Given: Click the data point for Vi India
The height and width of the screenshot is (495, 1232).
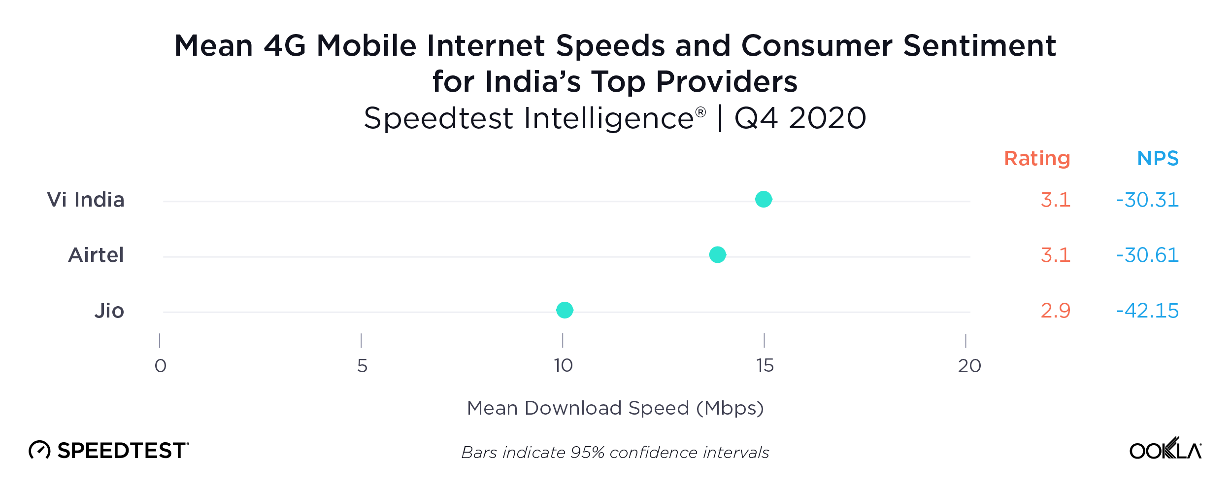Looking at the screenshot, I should pyautogui.click(x=763, y=199).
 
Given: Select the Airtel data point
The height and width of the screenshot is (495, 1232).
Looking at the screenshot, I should pyautogui.click(x=717, y=254).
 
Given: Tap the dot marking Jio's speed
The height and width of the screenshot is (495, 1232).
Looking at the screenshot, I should pyautogui.click(x=565, y=310).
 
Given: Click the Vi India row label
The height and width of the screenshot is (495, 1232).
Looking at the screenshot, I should pyautogui.click(x=86, y=200).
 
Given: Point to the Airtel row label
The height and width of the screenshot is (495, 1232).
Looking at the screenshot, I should pyautogui.click(x=96, y=255).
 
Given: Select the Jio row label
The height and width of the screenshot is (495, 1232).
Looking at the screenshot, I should pyautogui.click(x=109, y=311).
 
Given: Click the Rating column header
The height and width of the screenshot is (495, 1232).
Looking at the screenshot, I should pyautogui.click(x=1037, y=158).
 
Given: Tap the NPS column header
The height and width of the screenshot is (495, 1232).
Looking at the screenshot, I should pyautogui.click(x=1158, y=158).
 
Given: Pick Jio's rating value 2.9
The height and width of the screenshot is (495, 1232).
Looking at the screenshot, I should pyautogui.click(x=1055, y=311).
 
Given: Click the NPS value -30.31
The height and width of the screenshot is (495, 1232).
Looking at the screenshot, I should pyautogui.click(x=1147, y=200).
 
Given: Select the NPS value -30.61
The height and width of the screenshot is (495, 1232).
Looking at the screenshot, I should pyautogui.click(x=1147, y=255).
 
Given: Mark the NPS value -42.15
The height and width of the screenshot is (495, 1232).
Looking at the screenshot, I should pyautogui.click(x=1147, y=311).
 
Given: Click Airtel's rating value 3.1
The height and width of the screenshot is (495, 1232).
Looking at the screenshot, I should pyautogui.click(x=1055, y=255).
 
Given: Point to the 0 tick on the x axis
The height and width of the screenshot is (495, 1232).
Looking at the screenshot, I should pyautogui.click(x=161, y=366).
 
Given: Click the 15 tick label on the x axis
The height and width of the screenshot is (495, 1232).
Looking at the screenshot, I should pyautogui.click(x=765, y=366).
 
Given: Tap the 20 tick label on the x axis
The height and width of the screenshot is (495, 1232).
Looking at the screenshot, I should pyautogui.click(x=969, y=366).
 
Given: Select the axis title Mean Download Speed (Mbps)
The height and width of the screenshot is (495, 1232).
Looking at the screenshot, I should pyautogui.click(x=615, y=408).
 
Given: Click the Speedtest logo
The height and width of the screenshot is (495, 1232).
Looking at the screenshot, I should pyautogui.click(x=109, y=450).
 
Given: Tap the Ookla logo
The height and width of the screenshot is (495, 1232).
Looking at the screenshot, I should pyautogui.click(x=1165, y=449).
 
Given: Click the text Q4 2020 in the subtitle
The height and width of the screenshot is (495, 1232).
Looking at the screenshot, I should pyautogui.click(x=800, y=118).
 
